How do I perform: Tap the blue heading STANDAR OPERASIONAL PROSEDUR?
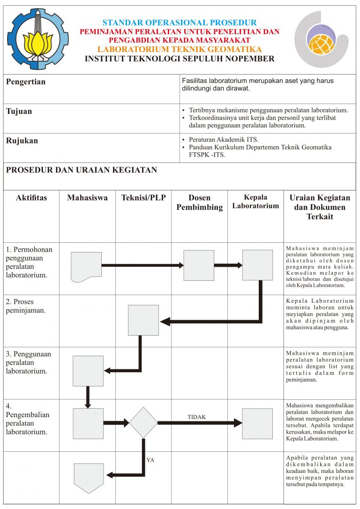[x=180, y=22]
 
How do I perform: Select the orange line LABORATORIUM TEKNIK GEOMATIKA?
[x=180, y=50]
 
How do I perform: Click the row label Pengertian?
[x=26, y=82]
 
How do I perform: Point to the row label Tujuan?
[x=19, y=112]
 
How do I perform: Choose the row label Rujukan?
[x=22, y=141]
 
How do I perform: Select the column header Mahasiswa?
[x=87, y=198]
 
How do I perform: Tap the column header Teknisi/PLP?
[x=143, y=198]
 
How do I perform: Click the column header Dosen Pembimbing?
[x=199, y=202]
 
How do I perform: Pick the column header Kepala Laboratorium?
[x=255, y=202]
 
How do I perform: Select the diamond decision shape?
[x=143, y=423]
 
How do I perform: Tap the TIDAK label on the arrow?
[x=196, y=417]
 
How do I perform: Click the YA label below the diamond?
[x=150, y=460]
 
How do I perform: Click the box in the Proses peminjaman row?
[x=143, y=320]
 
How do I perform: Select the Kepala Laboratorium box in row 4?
[x=257, y=423]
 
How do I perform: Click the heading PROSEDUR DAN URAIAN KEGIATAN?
[x=82, y=170]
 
